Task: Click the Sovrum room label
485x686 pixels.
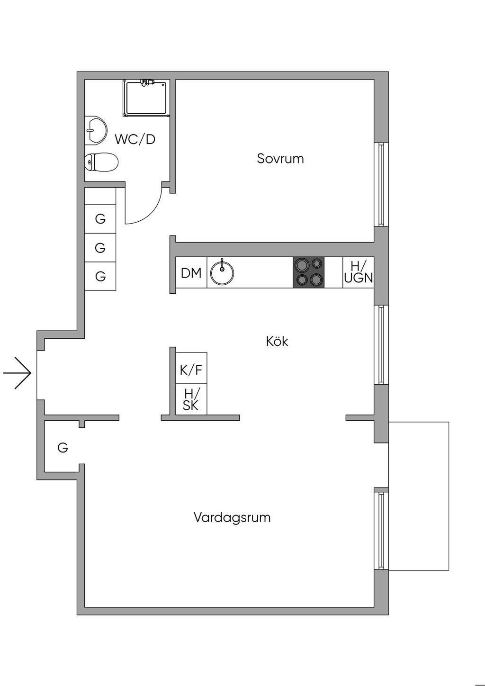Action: coord(280,158)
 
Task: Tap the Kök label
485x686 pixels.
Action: coord(277,341)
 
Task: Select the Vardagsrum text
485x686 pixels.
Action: coord(232,517)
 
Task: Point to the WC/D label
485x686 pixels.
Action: coord(135,139)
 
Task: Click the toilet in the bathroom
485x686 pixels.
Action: coord(101,162)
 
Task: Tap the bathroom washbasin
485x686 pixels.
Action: coord(96,130)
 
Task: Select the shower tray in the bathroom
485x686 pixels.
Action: coord(146,99)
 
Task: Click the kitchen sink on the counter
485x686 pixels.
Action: coord(222,272)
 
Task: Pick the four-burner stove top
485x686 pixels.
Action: coord(309,272)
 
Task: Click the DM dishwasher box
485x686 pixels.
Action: coord(191,273)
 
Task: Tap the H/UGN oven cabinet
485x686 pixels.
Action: coord(359,272)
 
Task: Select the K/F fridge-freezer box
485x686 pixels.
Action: coord(191,369)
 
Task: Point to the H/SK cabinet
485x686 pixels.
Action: coord(191,400)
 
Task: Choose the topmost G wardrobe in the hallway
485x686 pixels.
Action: coord(100,219)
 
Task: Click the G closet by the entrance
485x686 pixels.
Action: coord(63,447)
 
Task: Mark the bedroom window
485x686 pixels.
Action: coord(381,184)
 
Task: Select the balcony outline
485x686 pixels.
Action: coord(419,496)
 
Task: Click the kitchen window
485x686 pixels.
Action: coord(381,344)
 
